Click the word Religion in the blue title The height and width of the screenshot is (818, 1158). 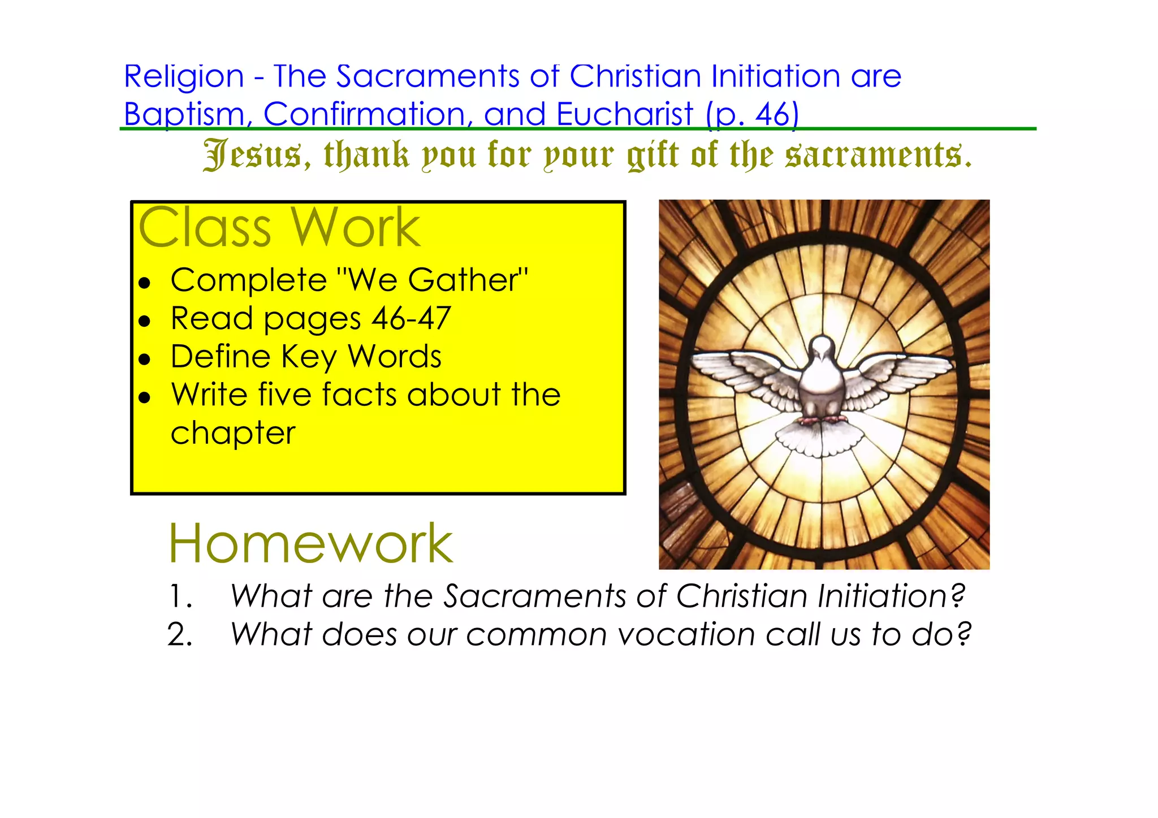184,77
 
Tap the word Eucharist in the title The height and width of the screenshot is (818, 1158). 624,115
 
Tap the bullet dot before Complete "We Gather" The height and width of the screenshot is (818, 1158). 145,282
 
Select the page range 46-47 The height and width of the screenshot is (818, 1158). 411,318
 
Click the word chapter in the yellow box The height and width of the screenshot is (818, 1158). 233,434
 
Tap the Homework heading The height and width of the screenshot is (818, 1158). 310,544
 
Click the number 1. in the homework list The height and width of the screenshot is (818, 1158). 181,596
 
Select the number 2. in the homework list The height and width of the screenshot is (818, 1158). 180,635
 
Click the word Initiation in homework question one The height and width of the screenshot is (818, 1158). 883,596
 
